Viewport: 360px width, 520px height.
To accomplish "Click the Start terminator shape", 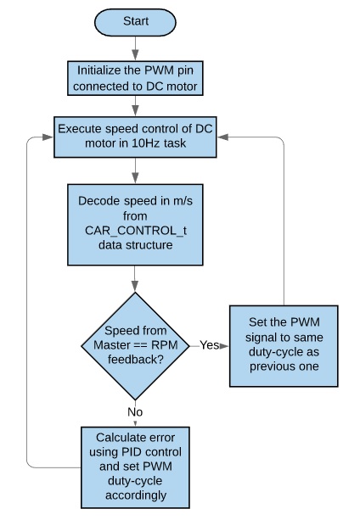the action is coord(135,22).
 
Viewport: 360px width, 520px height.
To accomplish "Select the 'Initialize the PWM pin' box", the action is coord(135,78).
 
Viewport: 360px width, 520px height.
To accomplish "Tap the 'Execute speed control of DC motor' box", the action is coord(135,137).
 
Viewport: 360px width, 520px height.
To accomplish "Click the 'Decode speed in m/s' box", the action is coord(135,225).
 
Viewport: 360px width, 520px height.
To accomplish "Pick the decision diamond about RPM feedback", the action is coord(135,346).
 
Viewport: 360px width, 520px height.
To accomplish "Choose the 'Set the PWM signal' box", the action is coord(284,346).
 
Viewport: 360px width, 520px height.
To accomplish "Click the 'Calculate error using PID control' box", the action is coord(135,467).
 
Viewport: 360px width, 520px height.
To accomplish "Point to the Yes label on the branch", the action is coord(210,345).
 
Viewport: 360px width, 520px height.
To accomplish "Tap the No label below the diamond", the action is coord(135,412).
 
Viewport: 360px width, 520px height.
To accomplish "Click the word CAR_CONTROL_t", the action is coord(136,231).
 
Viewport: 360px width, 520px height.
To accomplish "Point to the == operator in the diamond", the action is coord(141,345).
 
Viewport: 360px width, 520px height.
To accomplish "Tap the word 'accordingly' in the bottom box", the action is coord(136,495).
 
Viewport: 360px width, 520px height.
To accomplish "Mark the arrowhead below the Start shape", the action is coord(135,55).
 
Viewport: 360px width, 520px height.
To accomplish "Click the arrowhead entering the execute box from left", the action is coord(48,137).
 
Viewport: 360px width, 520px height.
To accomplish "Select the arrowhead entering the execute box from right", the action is coord(222,137).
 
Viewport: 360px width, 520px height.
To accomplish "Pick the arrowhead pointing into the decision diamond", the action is coord(135,286).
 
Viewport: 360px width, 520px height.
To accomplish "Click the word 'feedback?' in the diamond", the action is coord(135,360).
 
